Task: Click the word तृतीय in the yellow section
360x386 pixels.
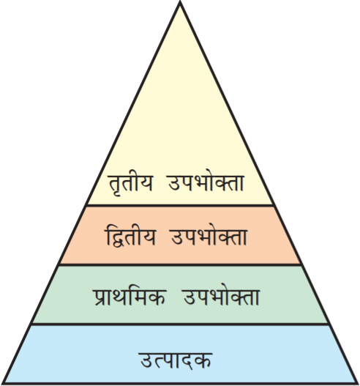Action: (130, 183)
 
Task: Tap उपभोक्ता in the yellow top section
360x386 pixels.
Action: (206, 182)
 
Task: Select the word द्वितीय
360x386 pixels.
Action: (130, 237)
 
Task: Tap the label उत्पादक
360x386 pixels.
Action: (176, 360)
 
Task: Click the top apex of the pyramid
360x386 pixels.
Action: (180, 2)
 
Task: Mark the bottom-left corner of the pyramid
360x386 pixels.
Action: (3, 383)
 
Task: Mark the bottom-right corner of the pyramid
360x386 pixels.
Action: (357, 383)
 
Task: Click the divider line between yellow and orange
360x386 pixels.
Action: (180, 205)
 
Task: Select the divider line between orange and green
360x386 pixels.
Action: (180, 264)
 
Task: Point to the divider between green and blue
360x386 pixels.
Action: (180, 324)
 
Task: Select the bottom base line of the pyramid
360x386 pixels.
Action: (180, 384)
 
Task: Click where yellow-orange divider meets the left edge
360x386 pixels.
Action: (86, 205)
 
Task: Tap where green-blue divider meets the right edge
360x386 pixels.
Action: (329, 324)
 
